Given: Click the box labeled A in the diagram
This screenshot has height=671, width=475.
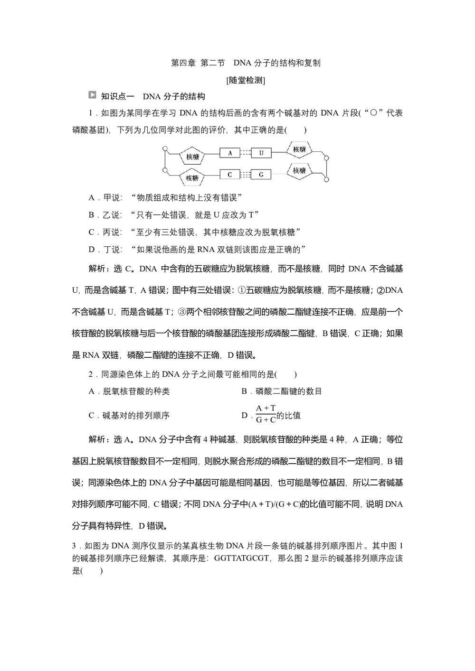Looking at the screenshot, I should [x=230, y=153].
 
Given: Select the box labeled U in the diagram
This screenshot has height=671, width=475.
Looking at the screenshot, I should [x=261, y=153].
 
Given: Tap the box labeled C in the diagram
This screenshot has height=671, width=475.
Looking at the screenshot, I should [x=230, y=175].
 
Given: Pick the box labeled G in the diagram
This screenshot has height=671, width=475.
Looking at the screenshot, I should [x=261, y=175].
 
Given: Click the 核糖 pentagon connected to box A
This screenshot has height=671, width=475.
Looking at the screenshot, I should [x=192, y=157].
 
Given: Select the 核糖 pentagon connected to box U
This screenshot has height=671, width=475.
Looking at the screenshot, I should [x=299, y=149].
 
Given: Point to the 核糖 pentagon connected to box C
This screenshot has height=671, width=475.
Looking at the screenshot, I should [x=192, y=178].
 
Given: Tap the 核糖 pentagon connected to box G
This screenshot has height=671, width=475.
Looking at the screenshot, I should [x=299, y=170].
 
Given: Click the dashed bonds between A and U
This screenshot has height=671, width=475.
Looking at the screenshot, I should [x=245, y=153].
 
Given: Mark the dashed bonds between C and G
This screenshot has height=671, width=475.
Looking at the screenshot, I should [x=245, y=175].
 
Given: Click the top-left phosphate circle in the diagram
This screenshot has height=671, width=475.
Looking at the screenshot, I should [x=165, y=149].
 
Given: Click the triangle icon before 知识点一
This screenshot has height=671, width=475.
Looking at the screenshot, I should [x=93, y=95].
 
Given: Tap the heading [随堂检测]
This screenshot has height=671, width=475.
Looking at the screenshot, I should [x=246, y=80].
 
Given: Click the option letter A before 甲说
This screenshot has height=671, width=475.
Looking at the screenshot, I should [x=92, y=197].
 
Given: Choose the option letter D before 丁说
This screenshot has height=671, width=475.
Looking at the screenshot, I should [x=92, y=250].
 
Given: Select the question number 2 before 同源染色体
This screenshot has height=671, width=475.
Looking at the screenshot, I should [x=91, y=374].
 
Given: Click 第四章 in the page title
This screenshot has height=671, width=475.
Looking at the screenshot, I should [x=183, y=63].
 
